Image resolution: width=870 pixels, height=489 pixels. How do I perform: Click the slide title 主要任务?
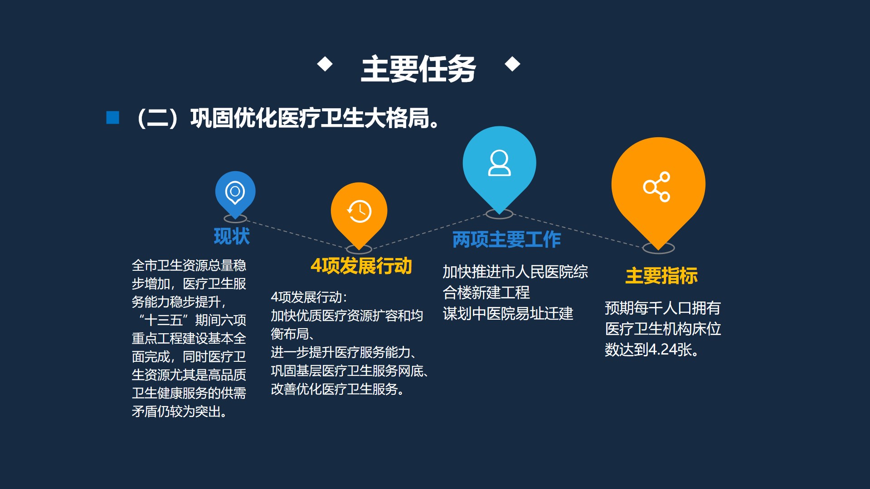[x=418, y=69]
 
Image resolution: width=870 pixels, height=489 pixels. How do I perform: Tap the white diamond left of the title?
[x=325, y=64]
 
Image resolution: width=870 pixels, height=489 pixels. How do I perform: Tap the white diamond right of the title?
[x=512, y=64]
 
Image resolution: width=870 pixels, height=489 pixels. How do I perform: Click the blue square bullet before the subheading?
[x=112, y=118]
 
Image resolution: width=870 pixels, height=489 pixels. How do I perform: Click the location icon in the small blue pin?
[x=235, y=192]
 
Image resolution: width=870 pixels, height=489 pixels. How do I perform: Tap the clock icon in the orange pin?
[x=359, y=211]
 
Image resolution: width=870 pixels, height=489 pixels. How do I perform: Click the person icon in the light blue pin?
[x=499, y=163]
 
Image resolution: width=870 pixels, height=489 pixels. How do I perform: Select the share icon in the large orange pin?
[x=657, y=187]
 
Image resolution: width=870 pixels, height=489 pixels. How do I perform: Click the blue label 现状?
[x=232, y=236]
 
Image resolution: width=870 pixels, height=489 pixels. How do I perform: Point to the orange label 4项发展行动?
[x=361, y=266]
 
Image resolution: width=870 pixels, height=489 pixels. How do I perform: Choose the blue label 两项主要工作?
[x=506, y=239]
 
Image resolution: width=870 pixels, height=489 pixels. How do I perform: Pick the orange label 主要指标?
[x=661, y=275]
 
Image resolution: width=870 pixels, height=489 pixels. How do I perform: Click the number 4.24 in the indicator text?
[x=663, y=350]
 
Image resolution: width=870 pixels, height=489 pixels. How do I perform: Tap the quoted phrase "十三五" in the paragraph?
[x=164, y=320]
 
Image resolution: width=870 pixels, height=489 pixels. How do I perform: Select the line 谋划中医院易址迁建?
[x=508, y=313]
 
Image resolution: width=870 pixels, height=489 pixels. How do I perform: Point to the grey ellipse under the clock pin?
[x=359, y=249]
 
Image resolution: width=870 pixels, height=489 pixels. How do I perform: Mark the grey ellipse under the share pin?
[x=658, y=248]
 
